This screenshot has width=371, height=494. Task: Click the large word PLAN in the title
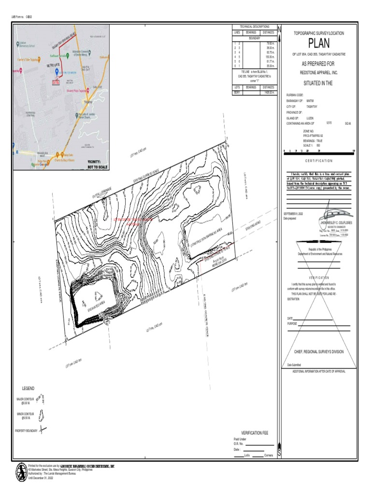318,44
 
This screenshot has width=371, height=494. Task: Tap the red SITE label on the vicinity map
56,82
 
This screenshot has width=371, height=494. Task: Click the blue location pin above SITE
57,72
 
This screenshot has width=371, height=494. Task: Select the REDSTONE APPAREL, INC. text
318,72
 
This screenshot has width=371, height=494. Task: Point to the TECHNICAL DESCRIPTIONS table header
254,27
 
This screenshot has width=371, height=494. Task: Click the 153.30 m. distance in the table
269,57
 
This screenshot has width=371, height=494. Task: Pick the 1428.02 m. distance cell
269,92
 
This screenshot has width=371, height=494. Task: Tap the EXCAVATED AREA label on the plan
95,305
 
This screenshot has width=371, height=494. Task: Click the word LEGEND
28,388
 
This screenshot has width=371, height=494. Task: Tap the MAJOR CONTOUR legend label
25,400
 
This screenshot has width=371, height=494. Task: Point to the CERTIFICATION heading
318,161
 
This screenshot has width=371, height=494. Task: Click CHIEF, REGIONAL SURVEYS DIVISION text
319,352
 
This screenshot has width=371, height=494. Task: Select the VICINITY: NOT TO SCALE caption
96,165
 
